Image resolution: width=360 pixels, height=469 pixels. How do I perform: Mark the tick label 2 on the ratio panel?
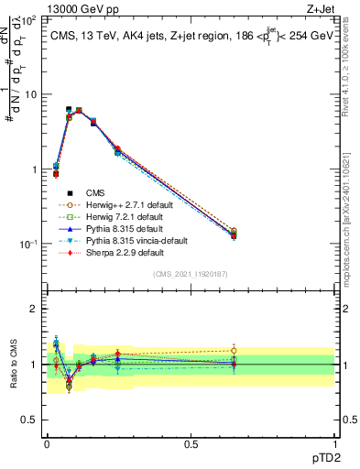[33, 309]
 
